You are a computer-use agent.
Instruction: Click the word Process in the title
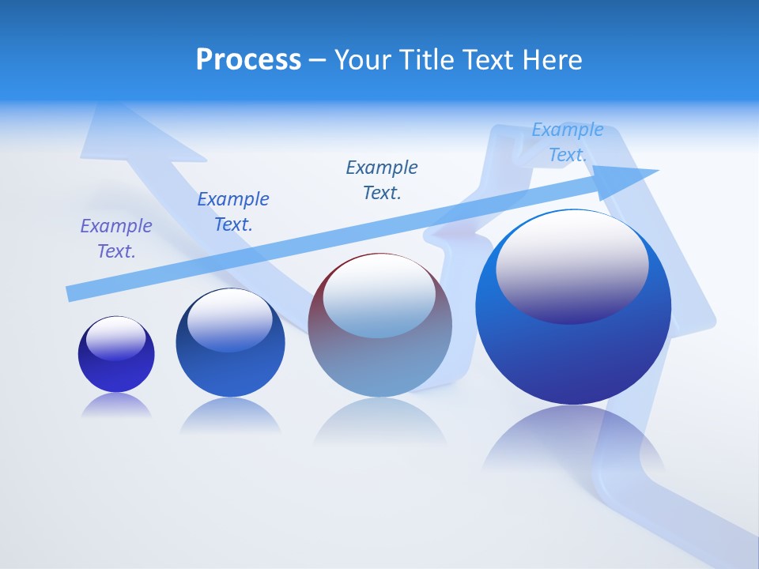tap(248, 60)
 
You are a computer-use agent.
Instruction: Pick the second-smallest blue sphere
tap(230, 367)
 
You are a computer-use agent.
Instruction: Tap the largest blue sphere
tap(573, 356)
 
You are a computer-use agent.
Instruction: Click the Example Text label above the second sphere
tap(233, 212)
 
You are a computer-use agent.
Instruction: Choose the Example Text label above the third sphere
tap(382, 180)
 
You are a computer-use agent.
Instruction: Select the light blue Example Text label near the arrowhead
tap(568, 142)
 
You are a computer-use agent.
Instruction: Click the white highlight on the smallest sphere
tap(116, 337)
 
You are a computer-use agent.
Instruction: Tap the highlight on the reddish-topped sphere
tap(379, 296)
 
